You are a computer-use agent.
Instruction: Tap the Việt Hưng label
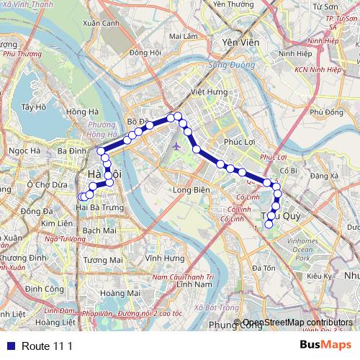[203, 92]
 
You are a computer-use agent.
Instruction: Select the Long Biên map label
[191, 190]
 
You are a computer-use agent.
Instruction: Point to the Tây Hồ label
[33, 107]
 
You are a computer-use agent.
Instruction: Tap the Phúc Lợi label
[240, 142]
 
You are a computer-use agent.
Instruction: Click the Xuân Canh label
[101, 23]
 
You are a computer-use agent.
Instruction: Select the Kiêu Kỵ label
[318, 276]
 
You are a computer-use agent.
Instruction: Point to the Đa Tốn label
[264, 268]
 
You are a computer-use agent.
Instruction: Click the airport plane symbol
[177, 146]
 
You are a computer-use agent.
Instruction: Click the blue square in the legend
[7, 346]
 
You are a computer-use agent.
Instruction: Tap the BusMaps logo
[325, 345]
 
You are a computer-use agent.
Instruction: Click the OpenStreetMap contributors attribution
[298, 323]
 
